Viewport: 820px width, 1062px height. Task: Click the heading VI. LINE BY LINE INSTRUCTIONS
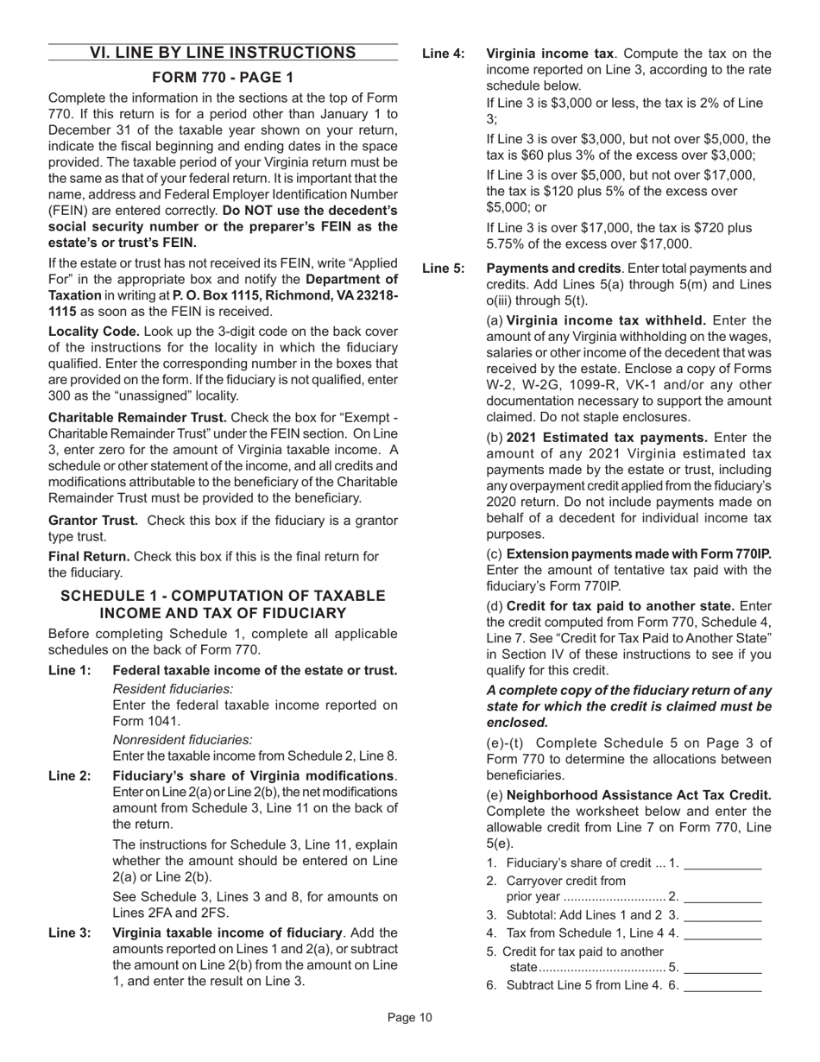[223, 54]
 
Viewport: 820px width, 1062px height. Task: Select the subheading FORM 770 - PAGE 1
[223, 78]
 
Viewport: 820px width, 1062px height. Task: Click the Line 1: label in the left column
[69, 671]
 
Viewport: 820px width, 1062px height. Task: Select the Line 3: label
[69, 932]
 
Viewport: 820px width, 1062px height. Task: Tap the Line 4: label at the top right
[443, 54]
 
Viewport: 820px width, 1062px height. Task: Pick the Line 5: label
[443, 269]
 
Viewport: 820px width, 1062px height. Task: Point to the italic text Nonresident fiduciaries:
[183, 739]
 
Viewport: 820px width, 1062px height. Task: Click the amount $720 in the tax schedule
[702, 228]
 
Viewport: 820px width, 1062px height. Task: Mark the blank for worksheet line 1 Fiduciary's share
[722, 863]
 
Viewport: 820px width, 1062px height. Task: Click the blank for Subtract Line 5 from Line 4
[722, 985]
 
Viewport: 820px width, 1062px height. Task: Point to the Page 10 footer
[409, 1019]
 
